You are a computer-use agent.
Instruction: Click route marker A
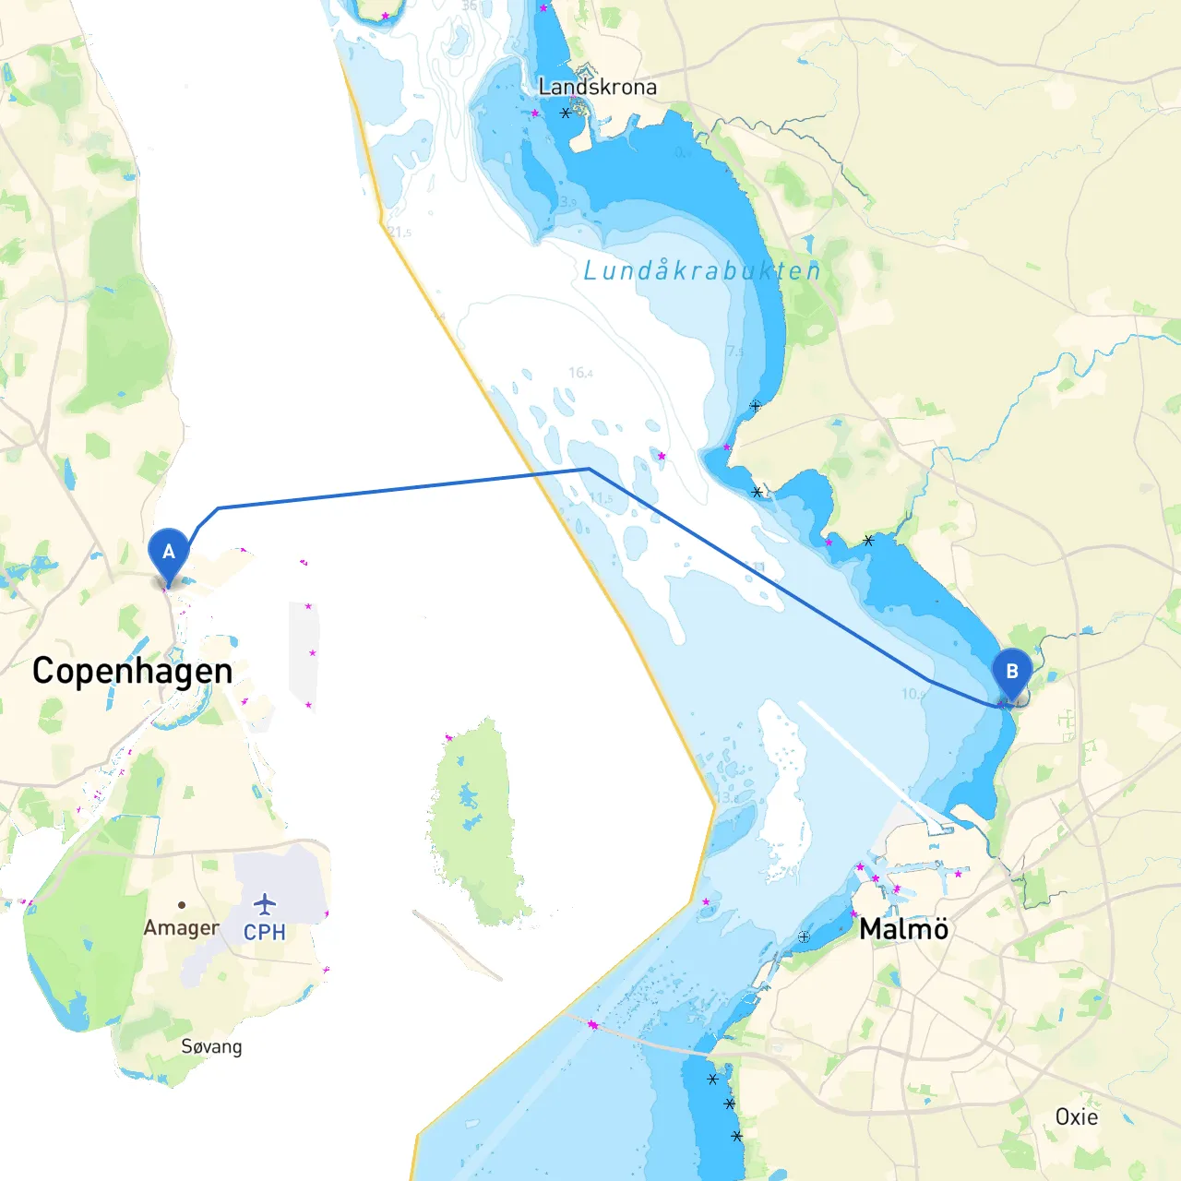point(169,553)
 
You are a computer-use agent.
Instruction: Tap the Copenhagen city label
point(132,671)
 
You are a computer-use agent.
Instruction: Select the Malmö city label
point(903,928)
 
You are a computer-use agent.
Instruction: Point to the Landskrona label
point(597,87)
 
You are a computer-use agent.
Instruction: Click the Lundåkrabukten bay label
point(701,270)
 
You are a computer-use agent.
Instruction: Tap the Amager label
point(181,927)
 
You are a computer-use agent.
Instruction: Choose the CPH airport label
point(265,932)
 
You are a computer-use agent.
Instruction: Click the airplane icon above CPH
point(265,903)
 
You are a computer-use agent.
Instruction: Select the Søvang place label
point(211,1046)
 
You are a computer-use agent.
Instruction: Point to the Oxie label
point(1076,1116)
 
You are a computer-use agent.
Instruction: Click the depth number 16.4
point(580,373)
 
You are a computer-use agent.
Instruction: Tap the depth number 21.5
point(400,233)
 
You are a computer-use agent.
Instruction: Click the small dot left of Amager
point(182,905)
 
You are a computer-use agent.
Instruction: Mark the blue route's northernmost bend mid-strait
point(589,470)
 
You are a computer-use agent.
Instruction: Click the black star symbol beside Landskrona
point(566,113)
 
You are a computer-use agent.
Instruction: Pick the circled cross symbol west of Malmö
point(804,936)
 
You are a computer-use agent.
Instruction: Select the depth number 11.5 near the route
point(601,498)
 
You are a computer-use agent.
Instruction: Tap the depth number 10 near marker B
point(911,694)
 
